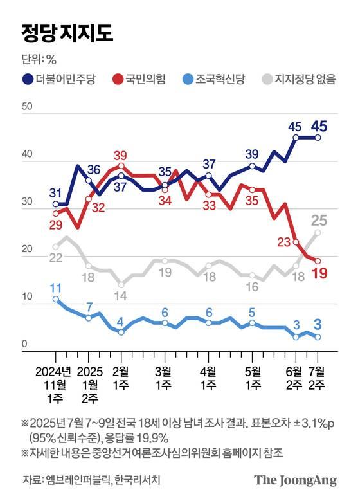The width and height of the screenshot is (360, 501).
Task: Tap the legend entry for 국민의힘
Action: click(x=138, y=79)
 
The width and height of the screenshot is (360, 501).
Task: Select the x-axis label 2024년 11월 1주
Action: click(x=55, y=384)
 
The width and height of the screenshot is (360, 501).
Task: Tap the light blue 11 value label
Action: click(x=55, y=287)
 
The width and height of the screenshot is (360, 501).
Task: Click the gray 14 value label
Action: click(x=121, y=296)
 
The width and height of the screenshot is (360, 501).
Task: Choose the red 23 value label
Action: click(x=284, y=242)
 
